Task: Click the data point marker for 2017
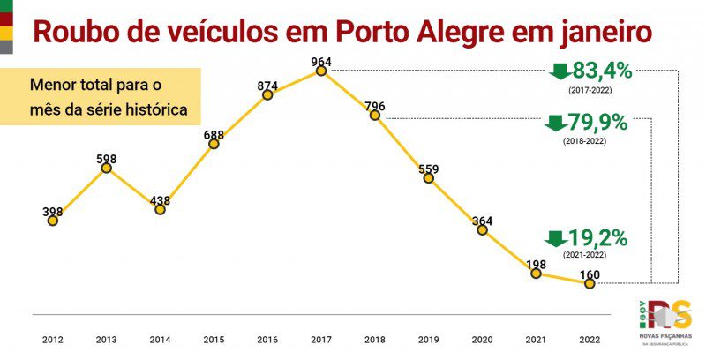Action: [x=321, y=71]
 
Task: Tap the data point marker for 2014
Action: [x=160, y=210]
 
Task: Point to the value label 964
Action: [x=321, y=61]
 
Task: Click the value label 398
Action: [x=53, y=212]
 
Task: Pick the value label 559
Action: [x=429, y=169]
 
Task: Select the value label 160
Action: [x=590, y=274]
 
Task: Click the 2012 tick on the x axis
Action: [x=53, y=339]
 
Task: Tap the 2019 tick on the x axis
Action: [x=429, y=339]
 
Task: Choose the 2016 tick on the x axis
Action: [x=267, y=339]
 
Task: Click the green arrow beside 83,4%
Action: [x=559, y=71]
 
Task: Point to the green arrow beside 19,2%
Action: [x=555, y=238]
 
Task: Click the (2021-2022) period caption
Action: [x=585, y=254]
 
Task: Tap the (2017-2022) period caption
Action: [x=590, y=89]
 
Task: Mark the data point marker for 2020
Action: [x=483, y=230]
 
